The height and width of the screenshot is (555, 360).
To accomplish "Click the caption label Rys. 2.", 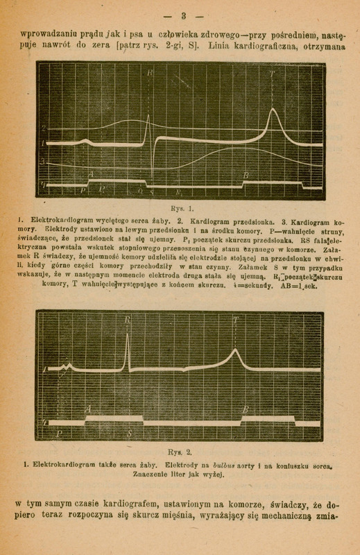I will click(180, 450).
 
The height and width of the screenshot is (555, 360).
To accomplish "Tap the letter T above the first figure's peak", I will click(272, 74).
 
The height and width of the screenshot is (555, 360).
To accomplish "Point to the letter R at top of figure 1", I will click(150, 73).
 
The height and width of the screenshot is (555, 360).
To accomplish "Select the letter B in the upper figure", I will click(246, 176).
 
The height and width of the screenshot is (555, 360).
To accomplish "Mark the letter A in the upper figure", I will click(90, 175).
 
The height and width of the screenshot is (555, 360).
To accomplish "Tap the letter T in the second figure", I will click(237, 320).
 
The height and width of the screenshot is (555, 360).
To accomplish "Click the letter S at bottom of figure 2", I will click(130, 432).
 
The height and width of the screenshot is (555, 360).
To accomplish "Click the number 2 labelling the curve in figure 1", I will click(43, 128).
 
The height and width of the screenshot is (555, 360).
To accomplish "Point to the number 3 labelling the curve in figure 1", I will click(43, 161).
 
